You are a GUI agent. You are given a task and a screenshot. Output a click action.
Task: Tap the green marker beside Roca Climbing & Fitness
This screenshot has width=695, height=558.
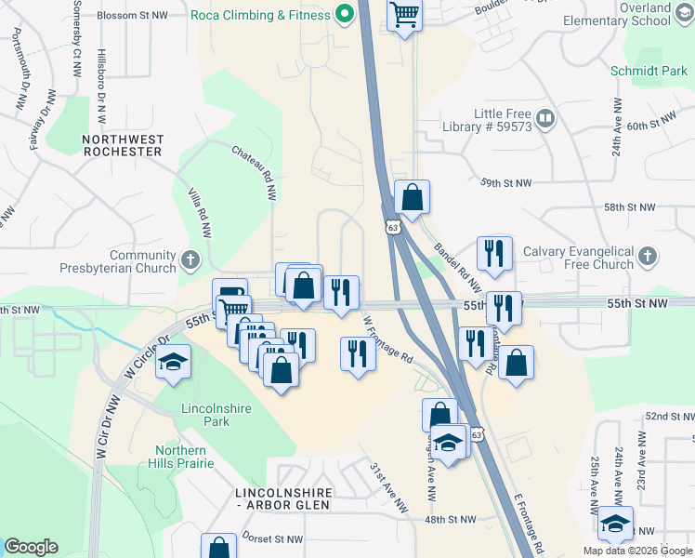(345, 15)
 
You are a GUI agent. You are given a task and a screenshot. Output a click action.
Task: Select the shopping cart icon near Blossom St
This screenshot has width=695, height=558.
(404, 15)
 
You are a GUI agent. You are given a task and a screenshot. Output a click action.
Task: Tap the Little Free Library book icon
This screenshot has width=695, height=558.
(544, 118)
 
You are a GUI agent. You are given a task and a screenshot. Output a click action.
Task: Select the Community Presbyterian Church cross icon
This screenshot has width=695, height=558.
(190, 259)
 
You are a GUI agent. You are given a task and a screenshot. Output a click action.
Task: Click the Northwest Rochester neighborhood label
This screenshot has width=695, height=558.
(123, 145)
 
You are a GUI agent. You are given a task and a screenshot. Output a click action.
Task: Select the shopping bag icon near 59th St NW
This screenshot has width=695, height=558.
(412, 197)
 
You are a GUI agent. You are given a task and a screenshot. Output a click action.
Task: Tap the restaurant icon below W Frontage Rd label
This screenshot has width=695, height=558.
(358, 353)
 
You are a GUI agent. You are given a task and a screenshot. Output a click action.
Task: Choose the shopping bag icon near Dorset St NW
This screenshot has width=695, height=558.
(219, 549)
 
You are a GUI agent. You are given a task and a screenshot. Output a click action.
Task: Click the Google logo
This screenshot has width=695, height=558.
(31, 547)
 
